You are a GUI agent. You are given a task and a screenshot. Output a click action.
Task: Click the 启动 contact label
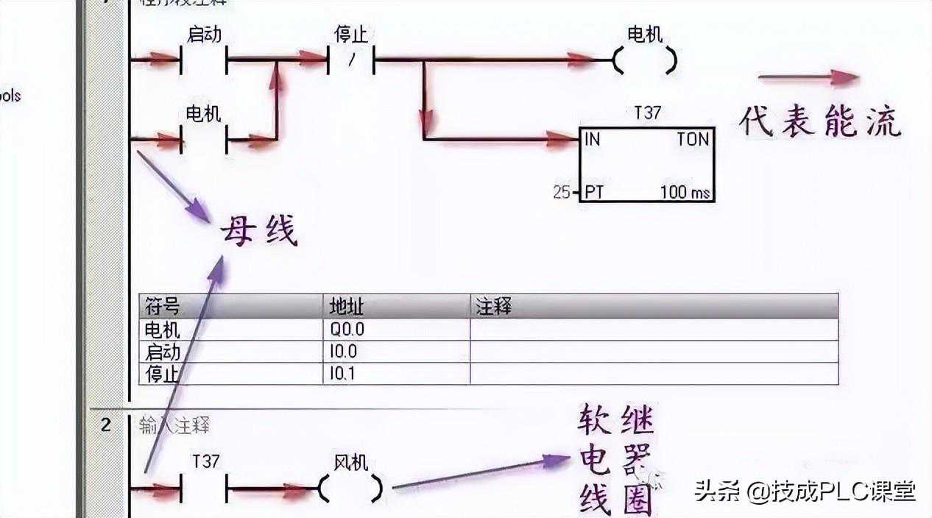coord(204,35)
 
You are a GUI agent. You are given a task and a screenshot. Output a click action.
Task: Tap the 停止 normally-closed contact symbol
coord(351,60)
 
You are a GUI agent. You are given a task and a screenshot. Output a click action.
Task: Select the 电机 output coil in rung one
coord(645,60)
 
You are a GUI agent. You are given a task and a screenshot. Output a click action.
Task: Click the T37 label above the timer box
coord(647,113)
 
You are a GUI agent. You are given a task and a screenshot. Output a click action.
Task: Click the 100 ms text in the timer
coord(685,193)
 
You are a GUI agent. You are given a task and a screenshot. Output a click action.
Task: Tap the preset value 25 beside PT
coord(562,193)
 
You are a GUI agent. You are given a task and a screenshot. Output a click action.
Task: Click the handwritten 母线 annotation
coord(259,232)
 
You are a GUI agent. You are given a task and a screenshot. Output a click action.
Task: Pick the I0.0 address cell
coord(345,352)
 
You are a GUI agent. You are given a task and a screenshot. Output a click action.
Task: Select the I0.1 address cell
coord(343,374)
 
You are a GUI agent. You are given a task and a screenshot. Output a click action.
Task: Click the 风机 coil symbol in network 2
coord(351,488)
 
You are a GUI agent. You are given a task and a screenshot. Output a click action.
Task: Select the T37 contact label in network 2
coord(205,462)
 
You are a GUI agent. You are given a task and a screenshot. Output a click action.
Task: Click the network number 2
coord(106,425)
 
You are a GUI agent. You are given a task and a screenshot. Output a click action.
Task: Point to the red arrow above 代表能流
coord(808,77)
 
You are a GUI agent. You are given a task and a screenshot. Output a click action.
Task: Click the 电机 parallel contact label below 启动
coord(204,114)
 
